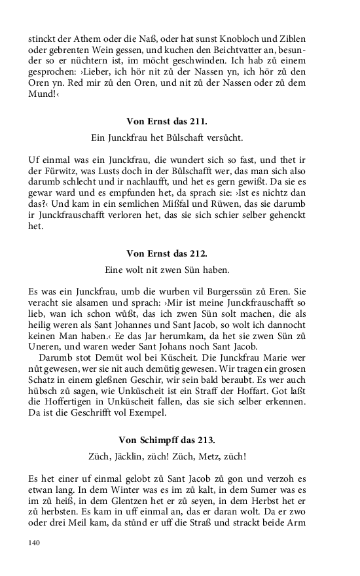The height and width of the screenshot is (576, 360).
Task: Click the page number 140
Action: coord(35,542)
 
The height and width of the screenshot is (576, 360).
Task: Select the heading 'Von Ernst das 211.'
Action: coord(166,120)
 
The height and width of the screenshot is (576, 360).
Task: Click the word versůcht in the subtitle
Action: coord(221,138)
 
